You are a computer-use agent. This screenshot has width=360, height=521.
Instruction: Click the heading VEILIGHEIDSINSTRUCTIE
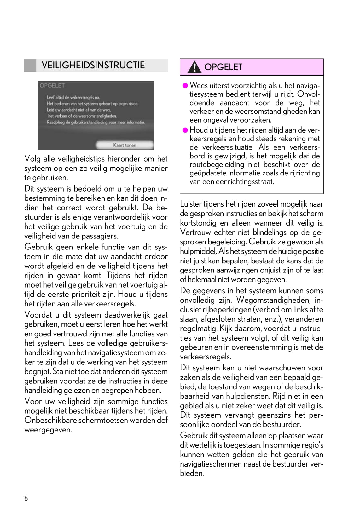coord(93,65)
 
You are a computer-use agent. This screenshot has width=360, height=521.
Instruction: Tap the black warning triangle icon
coord(194,67)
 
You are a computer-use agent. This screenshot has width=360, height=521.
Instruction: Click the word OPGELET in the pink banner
coord(223,67)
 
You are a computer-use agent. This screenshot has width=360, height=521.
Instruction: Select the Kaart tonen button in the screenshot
coord(125,145)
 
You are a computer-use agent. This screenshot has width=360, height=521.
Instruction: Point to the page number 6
coord(26,498)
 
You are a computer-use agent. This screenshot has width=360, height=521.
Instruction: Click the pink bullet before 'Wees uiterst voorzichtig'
coord(185,85)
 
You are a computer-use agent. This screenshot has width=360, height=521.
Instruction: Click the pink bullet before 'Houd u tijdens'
coord(185,130)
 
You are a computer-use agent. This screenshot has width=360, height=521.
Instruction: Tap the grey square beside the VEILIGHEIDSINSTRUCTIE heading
coord(30,66)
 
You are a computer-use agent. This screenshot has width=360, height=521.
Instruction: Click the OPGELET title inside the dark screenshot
coord(52,86)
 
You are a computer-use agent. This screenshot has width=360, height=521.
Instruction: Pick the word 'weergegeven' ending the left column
coord(47,430)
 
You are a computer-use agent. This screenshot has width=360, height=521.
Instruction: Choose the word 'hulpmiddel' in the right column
coord(198,251)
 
